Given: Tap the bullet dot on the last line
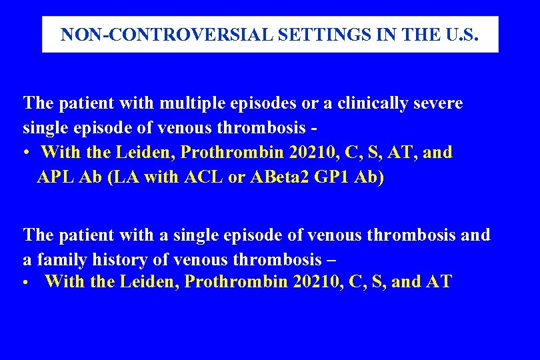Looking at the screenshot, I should pos(25,283).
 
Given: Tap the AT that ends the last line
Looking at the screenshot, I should pos(438,282).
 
